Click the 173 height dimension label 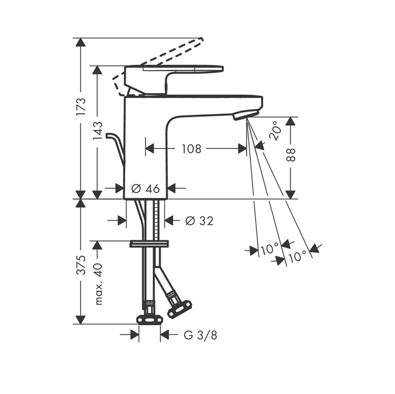(81, 107)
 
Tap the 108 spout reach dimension (192, 149)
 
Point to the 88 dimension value (291, 155)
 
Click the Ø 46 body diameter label (146, 188)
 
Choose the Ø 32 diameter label (199, 220)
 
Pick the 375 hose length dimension (81, 265)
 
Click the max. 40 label (98, 284)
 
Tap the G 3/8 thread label (200, 335)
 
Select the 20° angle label (275, 130)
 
